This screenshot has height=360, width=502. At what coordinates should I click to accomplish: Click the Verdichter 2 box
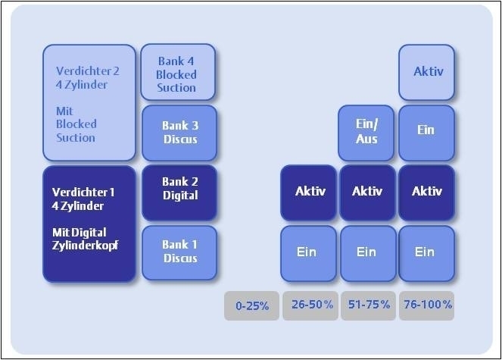tap(89, 103)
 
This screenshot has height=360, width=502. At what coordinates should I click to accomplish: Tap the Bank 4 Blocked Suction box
tap(178, 72)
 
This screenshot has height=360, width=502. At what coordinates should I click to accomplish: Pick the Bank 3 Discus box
tap(179, 133)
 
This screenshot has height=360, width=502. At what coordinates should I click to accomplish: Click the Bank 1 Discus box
tap(179, 252)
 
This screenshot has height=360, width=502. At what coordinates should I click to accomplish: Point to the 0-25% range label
tap(251, 305)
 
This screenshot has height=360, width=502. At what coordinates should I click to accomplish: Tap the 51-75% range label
tap(368, 305)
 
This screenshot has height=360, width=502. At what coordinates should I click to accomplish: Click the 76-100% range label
tap(426, 305)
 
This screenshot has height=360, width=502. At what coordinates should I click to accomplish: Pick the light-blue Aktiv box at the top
tap(427, 72)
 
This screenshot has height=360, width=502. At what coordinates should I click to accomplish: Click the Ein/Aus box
tap(366, 133)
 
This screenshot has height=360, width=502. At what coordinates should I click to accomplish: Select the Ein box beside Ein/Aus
tap(426, 130)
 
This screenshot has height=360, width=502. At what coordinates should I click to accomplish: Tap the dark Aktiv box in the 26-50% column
tap(309, 192)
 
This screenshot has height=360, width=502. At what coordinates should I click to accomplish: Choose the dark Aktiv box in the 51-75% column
tap(367, 192)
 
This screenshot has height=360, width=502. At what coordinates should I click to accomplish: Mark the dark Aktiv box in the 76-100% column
tap(426, 192)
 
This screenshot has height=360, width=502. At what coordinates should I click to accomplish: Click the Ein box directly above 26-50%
tap(309, 252)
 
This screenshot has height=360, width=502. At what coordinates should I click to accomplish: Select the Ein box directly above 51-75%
tap(367, 252)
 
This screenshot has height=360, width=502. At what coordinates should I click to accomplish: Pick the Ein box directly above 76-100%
tap(426, 252)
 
